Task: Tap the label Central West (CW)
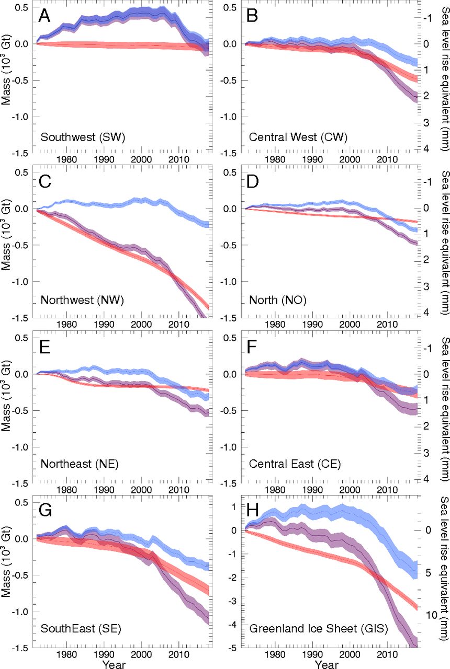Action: pos(288,138)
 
